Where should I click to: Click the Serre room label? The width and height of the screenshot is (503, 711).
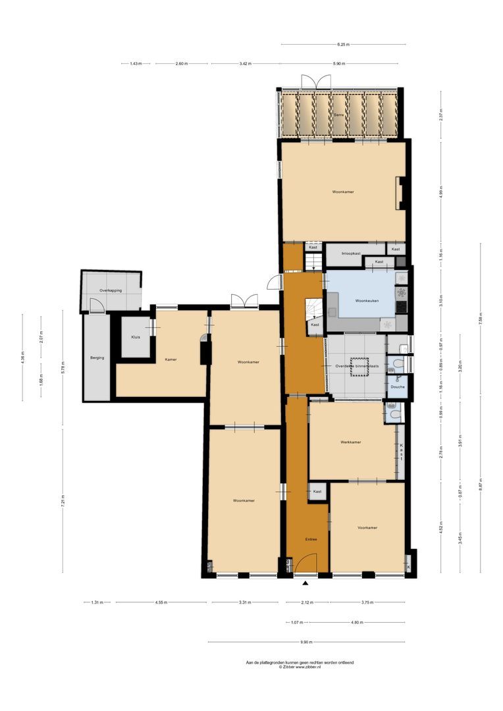[x=339, y=115]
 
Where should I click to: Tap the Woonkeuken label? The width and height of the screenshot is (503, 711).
[x=367, y=301]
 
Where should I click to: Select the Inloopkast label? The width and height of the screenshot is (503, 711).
[x=350, y=253]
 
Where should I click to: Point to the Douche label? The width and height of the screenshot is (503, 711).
[x=397, y=387]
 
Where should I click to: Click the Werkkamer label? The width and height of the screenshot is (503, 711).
[x=350, y=442]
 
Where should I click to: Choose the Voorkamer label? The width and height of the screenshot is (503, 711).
[x=367, y=528]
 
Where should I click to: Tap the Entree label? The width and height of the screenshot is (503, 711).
[x=311, y=539]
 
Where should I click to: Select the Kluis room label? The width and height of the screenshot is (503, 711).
[x=135, y=337]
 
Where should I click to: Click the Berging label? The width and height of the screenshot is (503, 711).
[x=96, y=358]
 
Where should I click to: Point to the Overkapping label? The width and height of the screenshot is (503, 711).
[x=111, y=290]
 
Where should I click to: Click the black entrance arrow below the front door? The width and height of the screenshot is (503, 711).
[x=305, y=583]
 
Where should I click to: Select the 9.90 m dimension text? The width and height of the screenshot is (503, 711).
[x=305, y=642]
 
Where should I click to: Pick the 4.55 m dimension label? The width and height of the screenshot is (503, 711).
[x=161, y=602]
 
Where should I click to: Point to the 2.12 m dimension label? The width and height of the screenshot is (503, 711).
[x=306, y=602]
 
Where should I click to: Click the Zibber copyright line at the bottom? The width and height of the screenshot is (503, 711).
[x=300, y=667]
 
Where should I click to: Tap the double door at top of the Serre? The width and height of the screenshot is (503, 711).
[x=315, y=83]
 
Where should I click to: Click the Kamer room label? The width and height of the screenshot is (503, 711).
[x=170, y=359]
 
